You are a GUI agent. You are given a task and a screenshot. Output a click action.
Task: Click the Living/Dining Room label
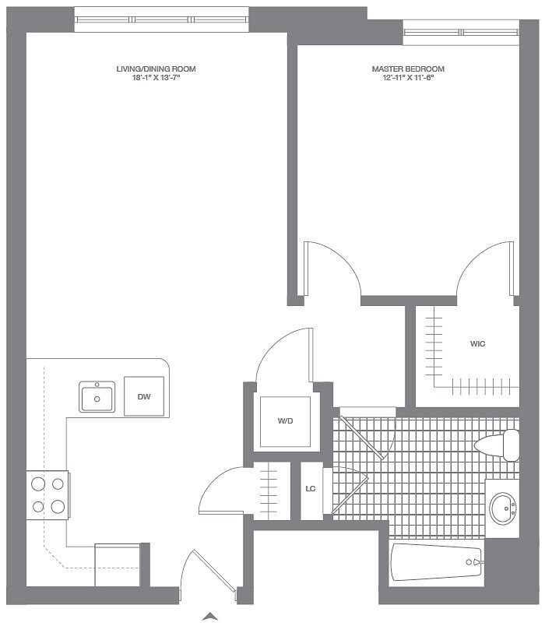[x=156, y=69]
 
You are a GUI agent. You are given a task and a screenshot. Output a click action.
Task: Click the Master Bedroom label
[x=408, y=69]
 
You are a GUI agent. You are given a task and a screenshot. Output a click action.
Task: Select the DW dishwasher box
[x=144, y=396]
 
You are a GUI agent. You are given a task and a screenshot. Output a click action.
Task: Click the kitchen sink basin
[x=97, y=397]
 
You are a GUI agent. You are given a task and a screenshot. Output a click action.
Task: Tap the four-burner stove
[x=47, y=495]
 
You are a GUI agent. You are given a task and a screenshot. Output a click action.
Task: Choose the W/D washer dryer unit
[x=285, y=421]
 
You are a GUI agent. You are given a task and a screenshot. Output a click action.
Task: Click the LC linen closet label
[x=310, y=489]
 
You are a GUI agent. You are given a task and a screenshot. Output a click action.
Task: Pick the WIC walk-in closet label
[x=478, y=343]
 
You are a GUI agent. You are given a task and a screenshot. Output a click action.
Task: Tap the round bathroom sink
[x=502, y=509]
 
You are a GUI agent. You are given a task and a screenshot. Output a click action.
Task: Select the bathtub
[x=436, y=562]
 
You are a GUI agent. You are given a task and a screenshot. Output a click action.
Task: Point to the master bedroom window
[x=461, y=32]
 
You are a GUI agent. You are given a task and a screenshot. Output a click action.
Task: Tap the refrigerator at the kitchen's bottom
[x=118, y=564]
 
